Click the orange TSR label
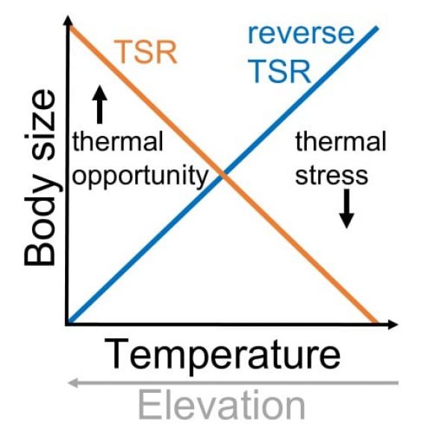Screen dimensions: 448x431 point(146,52)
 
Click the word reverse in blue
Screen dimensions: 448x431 point(301,34)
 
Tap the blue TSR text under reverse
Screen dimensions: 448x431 point(281,71)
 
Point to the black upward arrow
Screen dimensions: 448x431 point(100,105)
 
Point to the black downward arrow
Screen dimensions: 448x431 point(346,208)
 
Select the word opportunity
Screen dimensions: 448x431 point(140,176)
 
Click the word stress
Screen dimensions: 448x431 point(332,176)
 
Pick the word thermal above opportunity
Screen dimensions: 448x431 point(118,141)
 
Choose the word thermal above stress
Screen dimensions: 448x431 point(341,141)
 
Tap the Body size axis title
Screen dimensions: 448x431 point(40,178)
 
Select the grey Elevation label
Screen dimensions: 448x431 point(222,406)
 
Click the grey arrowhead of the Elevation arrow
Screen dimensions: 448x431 point(73,383)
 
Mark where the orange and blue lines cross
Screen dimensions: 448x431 point(224,176)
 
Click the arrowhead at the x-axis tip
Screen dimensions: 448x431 point(393,324)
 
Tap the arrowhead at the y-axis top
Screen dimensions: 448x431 point(68,21)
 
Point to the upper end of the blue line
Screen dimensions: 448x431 point(377,28)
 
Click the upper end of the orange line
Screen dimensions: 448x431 point(70,28)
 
